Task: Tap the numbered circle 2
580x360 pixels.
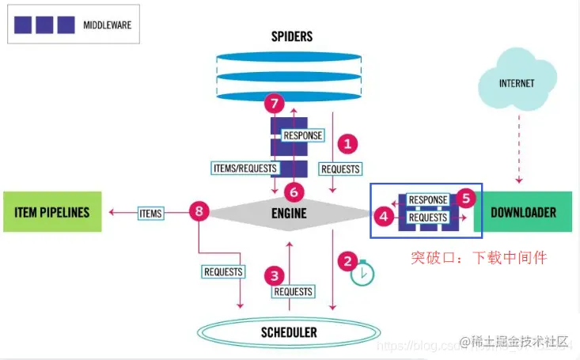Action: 346,260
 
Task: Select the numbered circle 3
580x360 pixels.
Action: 275,275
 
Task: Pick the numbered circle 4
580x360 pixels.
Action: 383,214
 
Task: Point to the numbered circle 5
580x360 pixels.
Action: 466,198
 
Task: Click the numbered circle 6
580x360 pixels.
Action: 294,191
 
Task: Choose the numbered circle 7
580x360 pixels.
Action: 274,104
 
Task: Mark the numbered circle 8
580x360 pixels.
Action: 199,210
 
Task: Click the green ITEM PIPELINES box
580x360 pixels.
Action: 52,212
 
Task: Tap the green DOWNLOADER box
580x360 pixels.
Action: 523,212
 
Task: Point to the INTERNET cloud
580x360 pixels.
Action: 517,83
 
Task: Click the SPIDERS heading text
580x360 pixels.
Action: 291,36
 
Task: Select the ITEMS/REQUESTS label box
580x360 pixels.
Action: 245,168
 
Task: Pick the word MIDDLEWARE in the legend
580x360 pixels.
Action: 107,25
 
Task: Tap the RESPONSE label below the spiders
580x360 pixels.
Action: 303,135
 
